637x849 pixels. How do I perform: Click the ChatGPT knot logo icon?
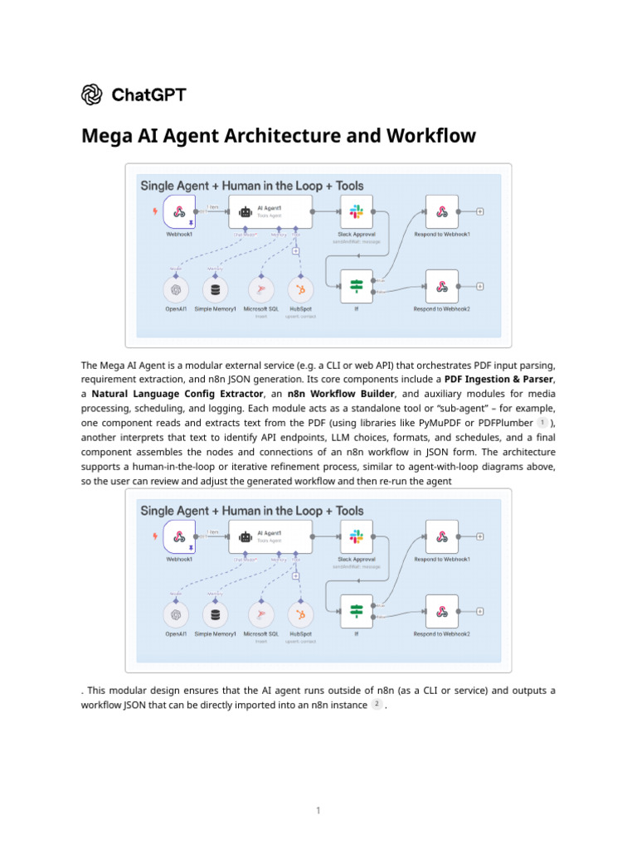click(92, 95)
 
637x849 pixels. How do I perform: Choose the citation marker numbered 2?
click(376, 704)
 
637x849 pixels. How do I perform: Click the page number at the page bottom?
click(318, 810)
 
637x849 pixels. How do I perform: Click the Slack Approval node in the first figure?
click(357, 211)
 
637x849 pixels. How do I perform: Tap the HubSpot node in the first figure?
click(300, 289)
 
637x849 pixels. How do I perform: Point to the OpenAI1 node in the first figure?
click(175, 289)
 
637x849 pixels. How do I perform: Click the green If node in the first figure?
click(357, 286)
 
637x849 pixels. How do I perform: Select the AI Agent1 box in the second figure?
click(270, 536)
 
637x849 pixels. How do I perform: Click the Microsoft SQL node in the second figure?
click(260, 614)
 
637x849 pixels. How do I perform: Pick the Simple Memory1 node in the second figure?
click(216, 614)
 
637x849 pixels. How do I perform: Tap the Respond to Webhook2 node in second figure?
click(442, 611)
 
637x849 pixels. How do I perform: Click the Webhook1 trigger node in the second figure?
click(179, 536)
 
